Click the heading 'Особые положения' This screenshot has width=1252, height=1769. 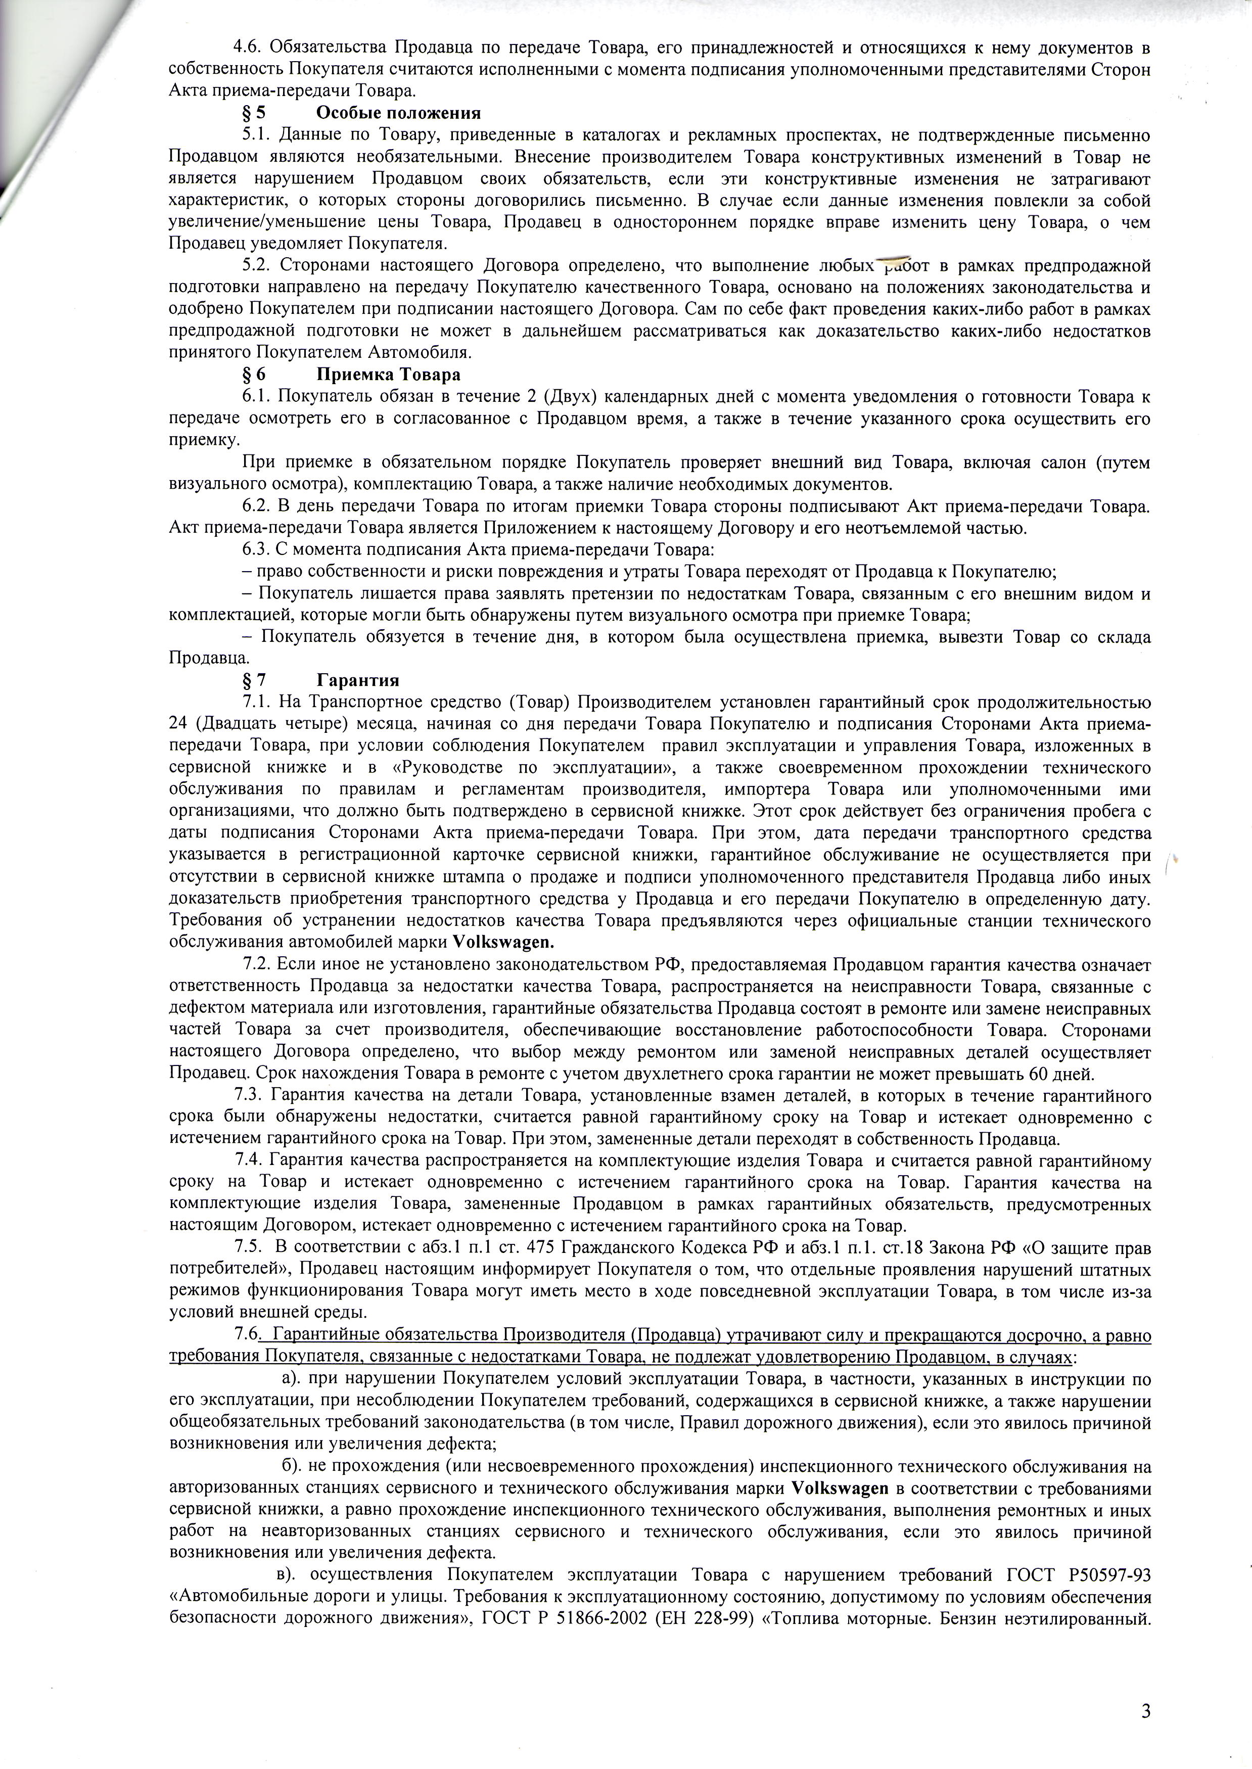tap(399, 113)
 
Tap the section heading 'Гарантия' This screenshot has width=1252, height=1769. tap(358, 680)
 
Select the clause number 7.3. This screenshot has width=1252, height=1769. tap(248, 1096)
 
